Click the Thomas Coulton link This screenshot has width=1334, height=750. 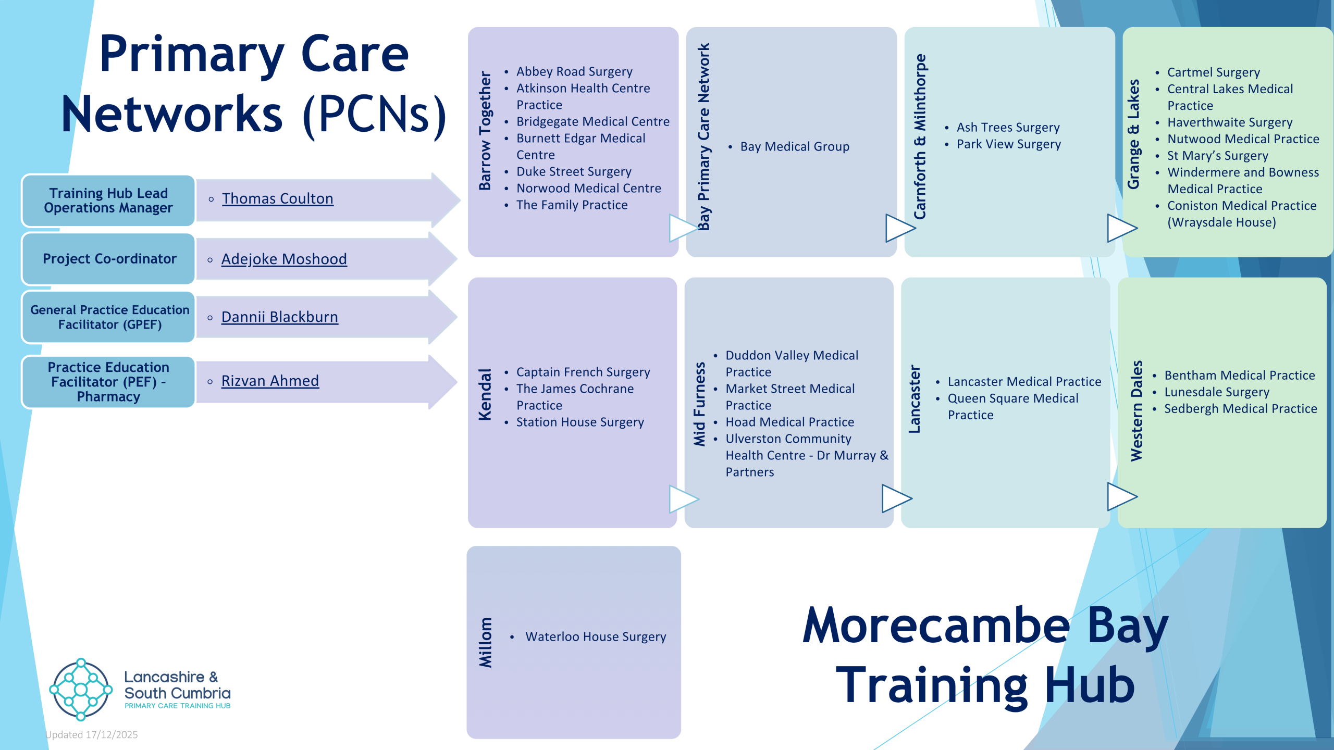click(x=278, y=198)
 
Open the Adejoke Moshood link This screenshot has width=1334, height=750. click(x=284, y=259)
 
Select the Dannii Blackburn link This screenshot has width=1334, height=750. click(x=280, y=317)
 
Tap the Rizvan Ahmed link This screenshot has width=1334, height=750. click(x=270, y=381)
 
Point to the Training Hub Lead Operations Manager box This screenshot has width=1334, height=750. click(x=108, y=201)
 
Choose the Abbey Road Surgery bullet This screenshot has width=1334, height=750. click(x=574, y=71)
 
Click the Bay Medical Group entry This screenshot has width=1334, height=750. click(x=795, y=147)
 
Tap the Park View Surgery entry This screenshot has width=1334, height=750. click(x=1009, y=144)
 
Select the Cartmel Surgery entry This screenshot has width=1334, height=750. click(x=1214, y=72)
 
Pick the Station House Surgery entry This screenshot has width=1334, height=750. click(x=580, y=422)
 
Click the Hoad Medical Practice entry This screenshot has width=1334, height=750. click(x=790, y=422)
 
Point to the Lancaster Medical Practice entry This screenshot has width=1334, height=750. click(x=1024, y=382)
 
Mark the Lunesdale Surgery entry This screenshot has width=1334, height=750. click(x=1217, y=392)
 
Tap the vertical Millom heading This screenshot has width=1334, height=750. click(x=486, y=643)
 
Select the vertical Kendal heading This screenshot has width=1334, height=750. click(x=485, y=394)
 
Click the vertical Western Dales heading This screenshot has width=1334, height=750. click(x=1136, y=410)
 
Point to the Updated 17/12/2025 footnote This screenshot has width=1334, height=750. click(x=92, y=735)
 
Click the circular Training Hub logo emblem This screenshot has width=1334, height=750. click(x=81, y=690)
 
